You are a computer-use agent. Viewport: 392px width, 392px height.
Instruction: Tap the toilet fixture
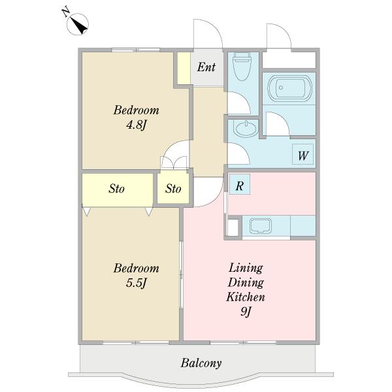242,66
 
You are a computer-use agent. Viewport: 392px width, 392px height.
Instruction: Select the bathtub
289,88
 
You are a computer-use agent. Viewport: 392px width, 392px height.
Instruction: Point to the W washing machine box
302,154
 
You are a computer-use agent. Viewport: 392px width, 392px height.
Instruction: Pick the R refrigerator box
240,184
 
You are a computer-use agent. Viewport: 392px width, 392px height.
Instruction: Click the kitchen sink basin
261,226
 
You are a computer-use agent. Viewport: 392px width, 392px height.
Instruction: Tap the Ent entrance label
206,67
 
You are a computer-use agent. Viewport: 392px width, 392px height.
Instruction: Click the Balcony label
201,363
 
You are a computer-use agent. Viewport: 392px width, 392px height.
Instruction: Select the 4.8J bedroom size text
136,125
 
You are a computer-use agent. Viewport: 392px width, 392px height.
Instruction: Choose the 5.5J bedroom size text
136,283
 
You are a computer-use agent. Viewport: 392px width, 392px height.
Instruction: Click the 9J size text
246,312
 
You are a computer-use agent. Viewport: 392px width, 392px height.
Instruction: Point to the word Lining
246,269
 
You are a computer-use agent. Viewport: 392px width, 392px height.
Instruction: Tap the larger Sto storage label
116,189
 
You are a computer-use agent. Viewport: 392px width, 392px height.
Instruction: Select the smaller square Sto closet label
173,189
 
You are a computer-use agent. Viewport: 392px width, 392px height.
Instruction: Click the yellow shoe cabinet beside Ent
184,68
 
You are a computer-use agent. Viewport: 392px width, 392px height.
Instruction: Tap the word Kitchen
246,297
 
